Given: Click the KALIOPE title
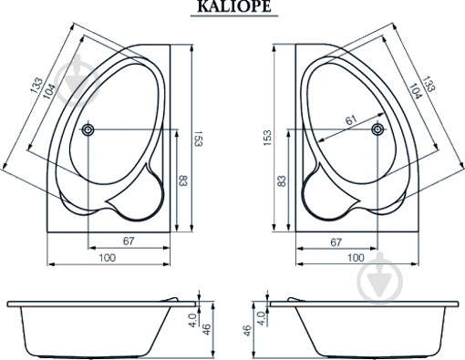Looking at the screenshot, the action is [x=234, y=6].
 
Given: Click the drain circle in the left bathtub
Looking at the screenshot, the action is [x=88, y=130].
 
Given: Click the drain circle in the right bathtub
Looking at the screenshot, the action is [x=377, y=129].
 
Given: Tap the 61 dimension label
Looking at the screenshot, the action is [x=351, y=120].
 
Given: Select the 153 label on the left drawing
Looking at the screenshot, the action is [x=198, y=139].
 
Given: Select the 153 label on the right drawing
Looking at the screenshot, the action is [x=267, y=138].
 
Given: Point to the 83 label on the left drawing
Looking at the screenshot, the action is [x=183, y=181].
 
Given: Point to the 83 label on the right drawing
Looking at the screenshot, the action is [x=282, y=181].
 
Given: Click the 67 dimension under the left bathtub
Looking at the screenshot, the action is [x=129, y=242].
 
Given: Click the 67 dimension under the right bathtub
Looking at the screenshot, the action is [x=336, y=242].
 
